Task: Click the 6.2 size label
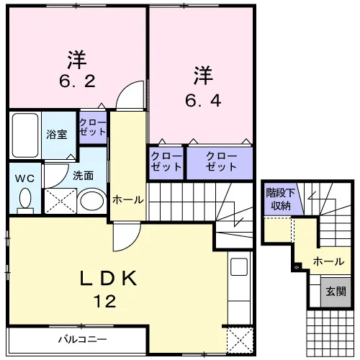tap(77, 81)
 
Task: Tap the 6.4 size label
tap(203, 101)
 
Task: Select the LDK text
tap(108, 278)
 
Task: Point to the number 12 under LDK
tap(105, 301)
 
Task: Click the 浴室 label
tap(57, 135)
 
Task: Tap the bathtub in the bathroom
tap(25, 135)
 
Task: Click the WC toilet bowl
tap(25, 199)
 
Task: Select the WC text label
tap(24, 179)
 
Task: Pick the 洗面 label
tap(83, 176)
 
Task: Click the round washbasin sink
tap(92, 201)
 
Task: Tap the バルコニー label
tap(83, 339)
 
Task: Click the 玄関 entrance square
tap(336, 292)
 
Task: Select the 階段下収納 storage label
tap(280, 199)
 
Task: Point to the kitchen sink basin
tap(239, 266)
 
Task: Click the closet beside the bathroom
tap(93, 127)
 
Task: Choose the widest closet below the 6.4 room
tap(220, 163)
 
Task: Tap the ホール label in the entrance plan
tap(328, 261)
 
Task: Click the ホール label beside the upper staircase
tap(128, 199)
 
